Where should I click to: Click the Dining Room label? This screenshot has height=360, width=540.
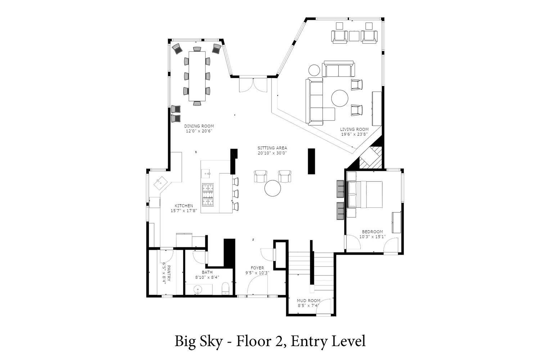coord(199,126)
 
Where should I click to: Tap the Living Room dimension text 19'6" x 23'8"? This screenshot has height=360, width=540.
coord(354,134)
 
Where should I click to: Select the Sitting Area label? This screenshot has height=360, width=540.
coord(272,148)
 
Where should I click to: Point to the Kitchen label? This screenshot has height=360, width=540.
coord(184,206)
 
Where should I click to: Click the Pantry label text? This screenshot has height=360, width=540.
coord(168,273)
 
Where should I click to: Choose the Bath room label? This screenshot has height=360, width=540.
coord(207,272)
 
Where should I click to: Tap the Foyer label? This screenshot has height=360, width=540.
coord(257,268)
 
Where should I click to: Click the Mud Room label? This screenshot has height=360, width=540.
coord(308,301)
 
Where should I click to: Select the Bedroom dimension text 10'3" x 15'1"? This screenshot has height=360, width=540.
coord(373,237)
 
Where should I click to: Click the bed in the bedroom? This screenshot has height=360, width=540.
coord(364,194)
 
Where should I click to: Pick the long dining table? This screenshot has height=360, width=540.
coord(197,76)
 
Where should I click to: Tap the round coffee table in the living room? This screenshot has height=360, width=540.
coord(340,98)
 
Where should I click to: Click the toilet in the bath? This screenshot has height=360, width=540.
coord(226,288)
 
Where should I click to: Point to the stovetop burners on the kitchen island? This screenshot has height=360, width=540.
coord(208,195)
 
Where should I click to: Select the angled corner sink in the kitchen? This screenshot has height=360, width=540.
coord(161,183)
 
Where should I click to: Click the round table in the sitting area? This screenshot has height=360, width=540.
coord(273,188)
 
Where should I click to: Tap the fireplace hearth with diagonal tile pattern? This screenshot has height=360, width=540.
coord(371,158)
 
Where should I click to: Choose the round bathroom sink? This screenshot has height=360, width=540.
coord(198,289)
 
